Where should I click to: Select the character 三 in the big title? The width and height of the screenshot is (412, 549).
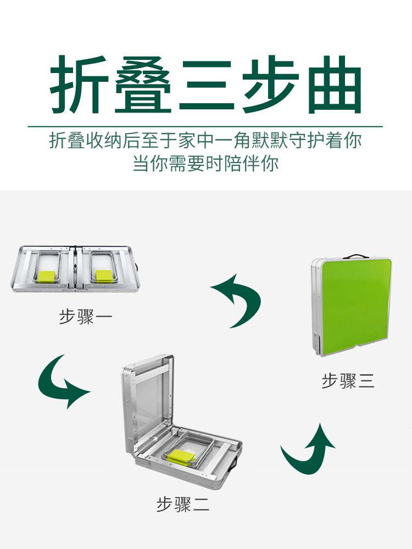point(206,85)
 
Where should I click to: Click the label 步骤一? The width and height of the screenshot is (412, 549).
point(85,318)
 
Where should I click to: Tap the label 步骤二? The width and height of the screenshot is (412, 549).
point(182,505)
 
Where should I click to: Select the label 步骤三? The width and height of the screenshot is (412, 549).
point(348,382)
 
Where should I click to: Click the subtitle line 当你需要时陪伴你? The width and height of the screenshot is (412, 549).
point(205,164)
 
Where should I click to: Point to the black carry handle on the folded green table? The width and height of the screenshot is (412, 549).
point(355,256)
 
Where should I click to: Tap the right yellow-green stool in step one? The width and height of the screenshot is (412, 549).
point(103,276)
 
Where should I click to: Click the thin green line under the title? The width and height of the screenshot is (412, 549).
point(205,126)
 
